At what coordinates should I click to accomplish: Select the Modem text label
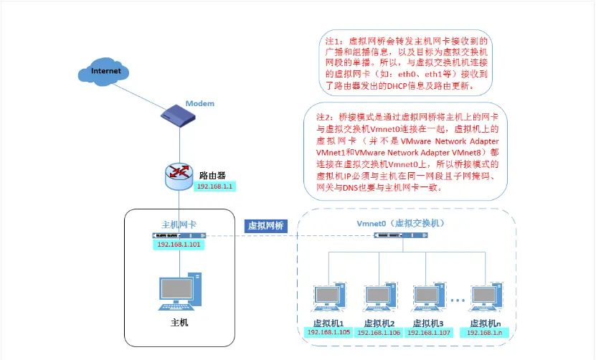coord(200,103)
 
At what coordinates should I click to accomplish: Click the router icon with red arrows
coord(177,174)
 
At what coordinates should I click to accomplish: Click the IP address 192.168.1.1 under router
coord(215,186)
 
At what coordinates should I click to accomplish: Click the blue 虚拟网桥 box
coord(266,224)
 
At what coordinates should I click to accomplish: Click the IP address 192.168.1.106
coord(378,333)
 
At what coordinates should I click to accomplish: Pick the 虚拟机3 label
coord(429,323)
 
